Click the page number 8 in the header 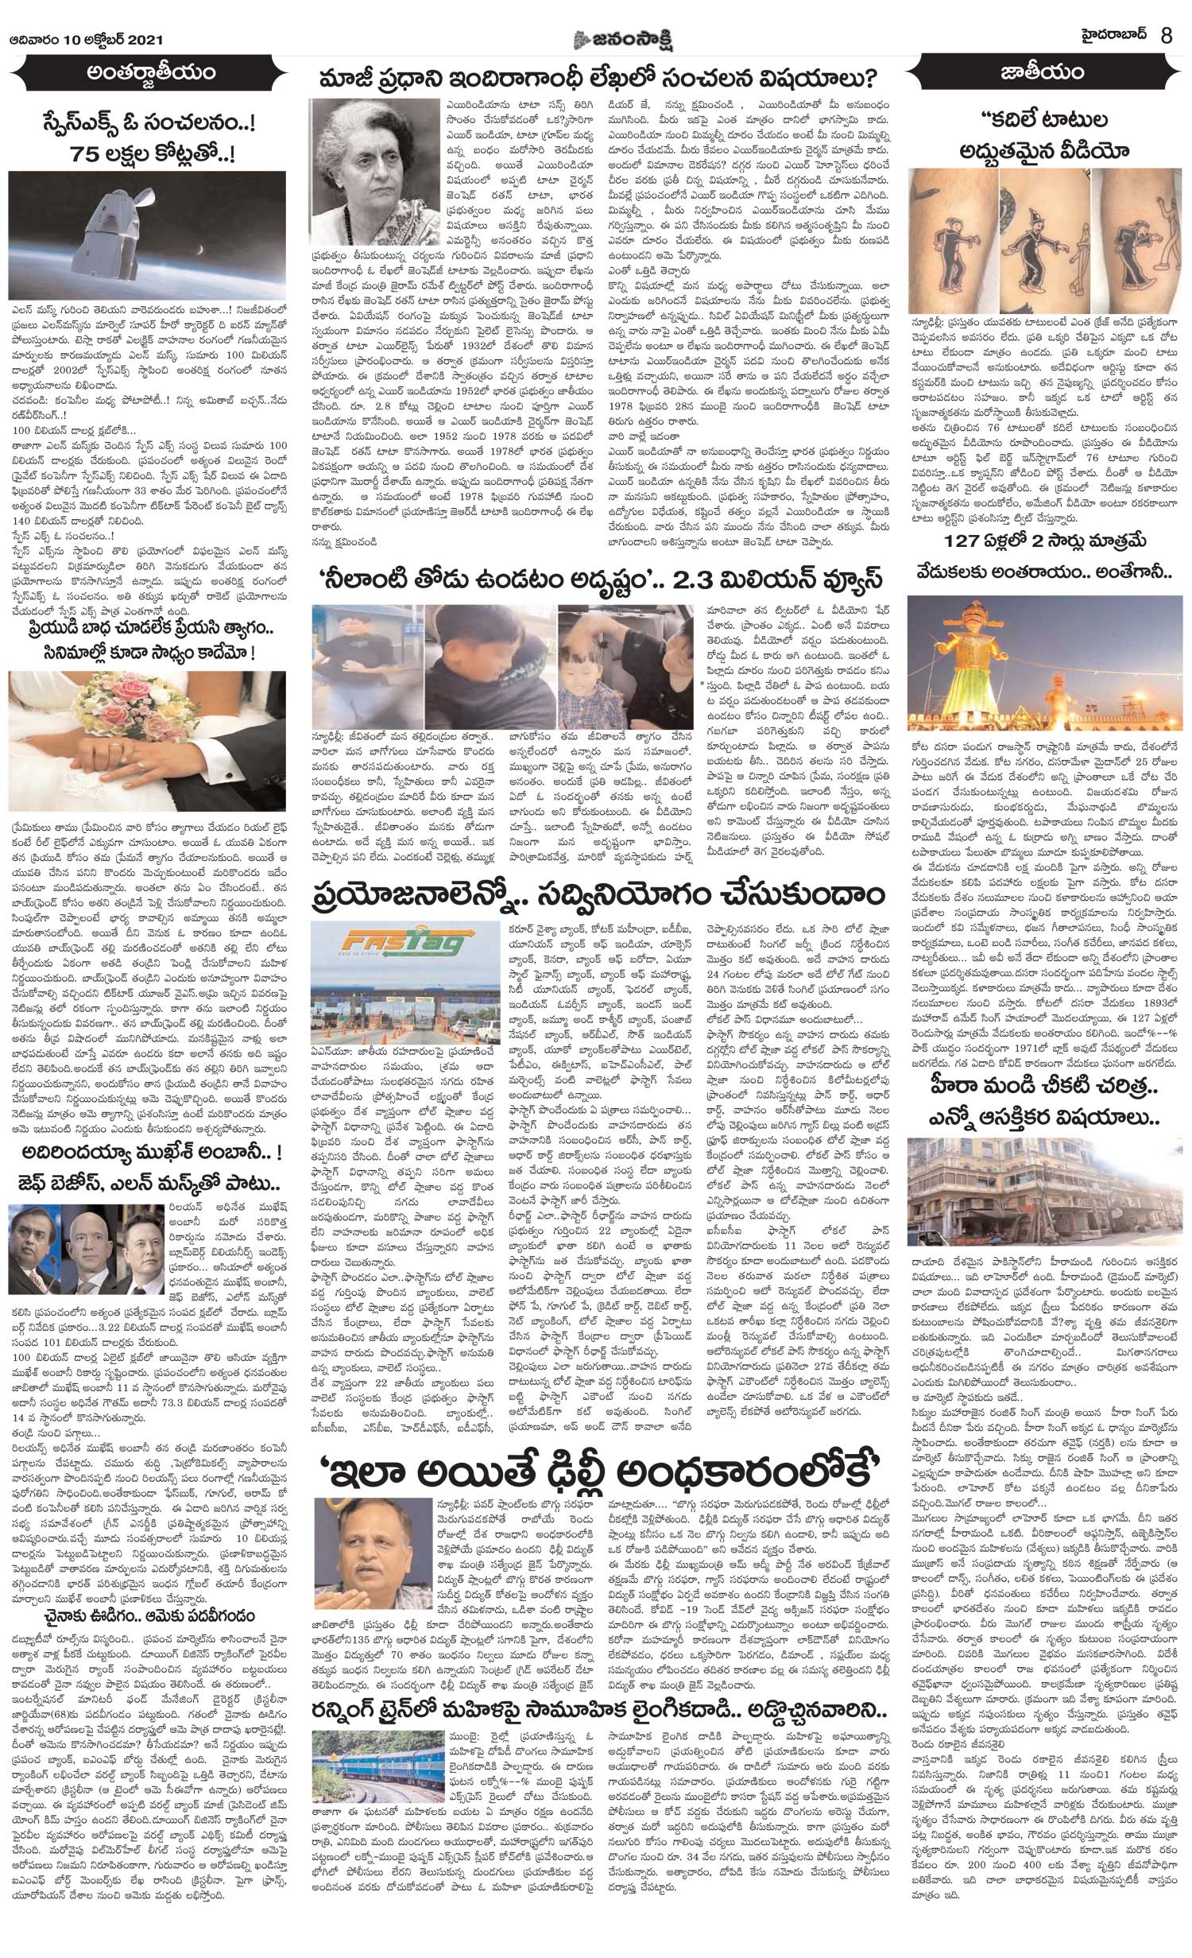[1166, 15]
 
